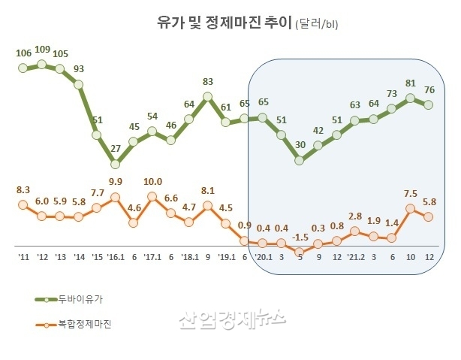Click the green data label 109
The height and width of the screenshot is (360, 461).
point(42,50)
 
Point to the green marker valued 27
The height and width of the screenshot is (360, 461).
point(115,163)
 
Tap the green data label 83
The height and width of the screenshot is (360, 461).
point(208,82)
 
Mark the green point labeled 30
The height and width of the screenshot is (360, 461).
point(300,159)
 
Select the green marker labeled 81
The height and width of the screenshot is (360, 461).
point(410,97)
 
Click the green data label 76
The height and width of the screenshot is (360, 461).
point(429,91)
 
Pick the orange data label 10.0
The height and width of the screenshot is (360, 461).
point(152,182)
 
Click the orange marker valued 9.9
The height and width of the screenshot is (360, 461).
point(115,198)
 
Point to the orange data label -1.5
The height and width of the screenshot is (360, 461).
point(300,237)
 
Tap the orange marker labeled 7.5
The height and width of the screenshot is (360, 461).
point(410,209)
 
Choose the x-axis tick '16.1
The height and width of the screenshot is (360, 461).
point(115,258)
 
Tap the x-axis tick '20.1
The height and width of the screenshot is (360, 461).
point(263,258)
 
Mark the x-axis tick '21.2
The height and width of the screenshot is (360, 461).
point(355,258)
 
